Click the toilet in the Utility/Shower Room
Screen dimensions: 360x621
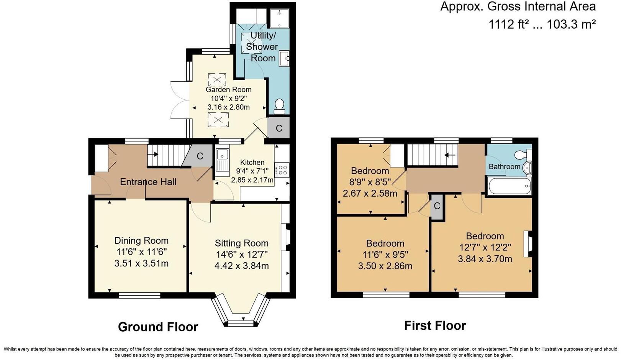280,106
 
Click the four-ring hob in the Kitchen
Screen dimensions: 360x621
283,169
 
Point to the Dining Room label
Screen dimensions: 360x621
141,241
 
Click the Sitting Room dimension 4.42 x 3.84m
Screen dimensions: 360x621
241,266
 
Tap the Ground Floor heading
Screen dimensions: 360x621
158,327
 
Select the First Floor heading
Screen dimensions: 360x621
435,325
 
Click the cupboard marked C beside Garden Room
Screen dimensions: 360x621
279,128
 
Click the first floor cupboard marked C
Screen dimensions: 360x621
437,206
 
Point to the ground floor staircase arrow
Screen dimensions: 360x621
155,155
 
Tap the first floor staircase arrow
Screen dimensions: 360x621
449,155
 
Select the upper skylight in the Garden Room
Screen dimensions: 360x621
217,80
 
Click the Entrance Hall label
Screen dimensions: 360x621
148,182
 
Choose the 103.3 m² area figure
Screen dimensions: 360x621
571,25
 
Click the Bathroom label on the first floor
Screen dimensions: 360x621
504,166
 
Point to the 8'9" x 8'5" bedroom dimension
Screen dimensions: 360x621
370,182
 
